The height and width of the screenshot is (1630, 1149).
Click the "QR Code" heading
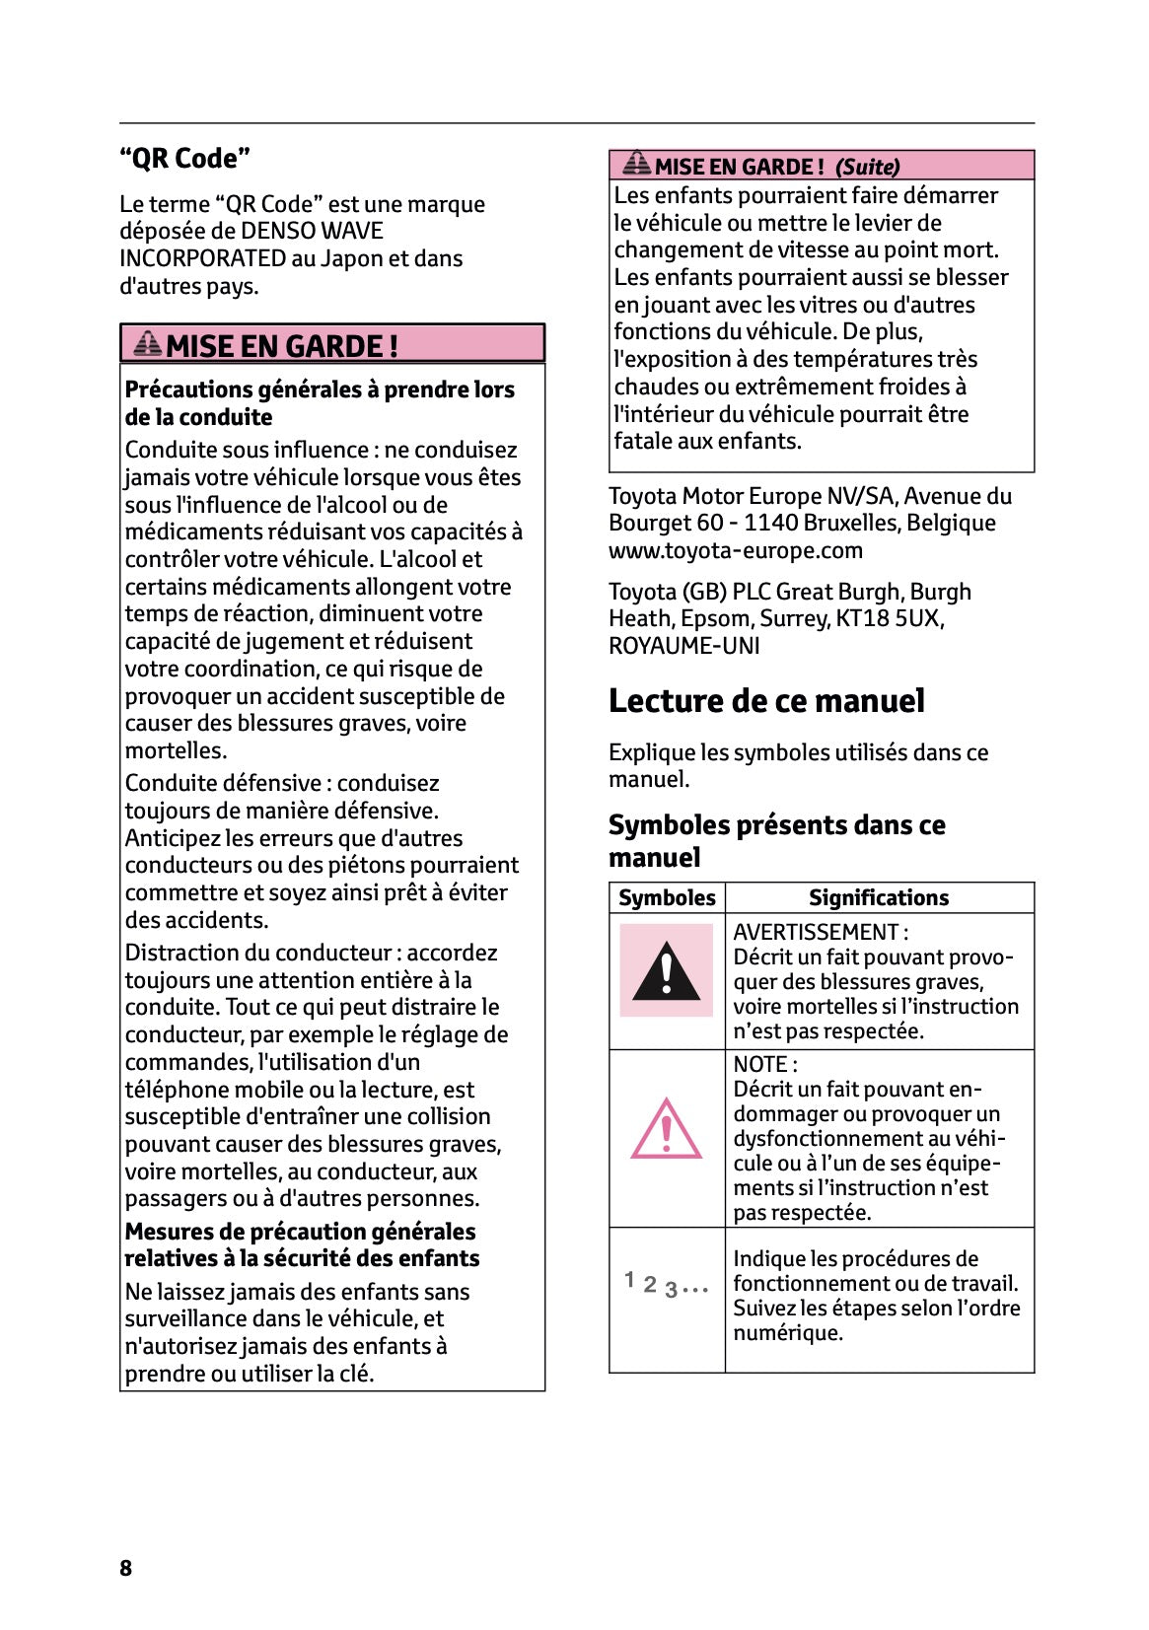coord(184,158)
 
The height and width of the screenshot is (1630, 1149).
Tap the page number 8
coord(125,1568)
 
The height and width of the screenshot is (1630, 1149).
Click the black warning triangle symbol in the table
coord(666,972)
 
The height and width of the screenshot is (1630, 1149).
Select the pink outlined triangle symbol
coord(666,1129)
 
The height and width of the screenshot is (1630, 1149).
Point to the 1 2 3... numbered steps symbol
coord(666,1285)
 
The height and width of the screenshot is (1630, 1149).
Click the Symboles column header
coord(667,897)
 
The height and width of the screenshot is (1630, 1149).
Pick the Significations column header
coord(878,897)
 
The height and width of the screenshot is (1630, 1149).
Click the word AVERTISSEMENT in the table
coord(815,932)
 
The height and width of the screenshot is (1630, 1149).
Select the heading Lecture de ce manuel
coord(766,701)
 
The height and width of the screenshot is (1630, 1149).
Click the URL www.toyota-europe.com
coord(735,550)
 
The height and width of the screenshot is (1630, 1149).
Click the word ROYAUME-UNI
coord(683,646)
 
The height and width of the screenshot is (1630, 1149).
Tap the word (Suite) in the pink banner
coord(867,167)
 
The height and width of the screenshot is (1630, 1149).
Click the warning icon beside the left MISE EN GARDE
coord(148,344)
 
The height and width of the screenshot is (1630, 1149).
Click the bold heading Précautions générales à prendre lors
coord(320,390)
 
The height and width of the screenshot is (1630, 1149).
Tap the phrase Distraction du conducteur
coord(257,953)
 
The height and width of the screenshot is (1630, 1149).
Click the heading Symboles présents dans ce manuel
coord(776,840)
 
